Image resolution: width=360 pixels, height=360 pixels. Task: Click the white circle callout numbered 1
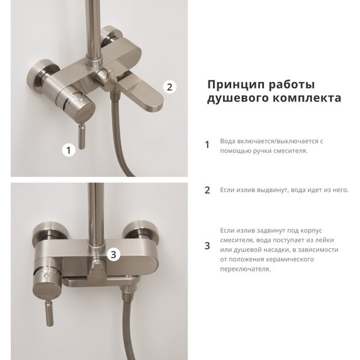pyautogui.click(x=69, y=150)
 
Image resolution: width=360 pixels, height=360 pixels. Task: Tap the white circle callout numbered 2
pyautogui.click(x=170, y=87)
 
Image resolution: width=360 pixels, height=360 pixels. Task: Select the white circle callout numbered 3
pyautogui.click(x=114, y=255)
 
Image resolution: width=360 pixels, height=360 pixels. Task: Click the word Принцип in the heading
pyautogui.click(x=236, y=85)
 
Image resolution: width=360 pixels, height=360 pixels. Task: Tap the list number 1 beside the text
pyautogui.click(x=207, y=145)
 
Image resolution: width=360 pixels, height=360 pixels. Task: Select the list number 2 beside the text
pyautogui.click(x=207, y=190)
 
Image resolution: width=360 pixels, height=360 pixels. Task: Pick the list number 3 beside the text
pyautogui.click(x=207, y=246)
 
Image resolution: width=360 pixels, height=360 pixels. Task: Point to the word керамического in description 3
pyautogui.click(x=290, y=260)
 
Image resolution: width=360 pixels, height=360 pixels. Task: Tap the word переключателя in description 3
pyautogui.click(x=245, y=269)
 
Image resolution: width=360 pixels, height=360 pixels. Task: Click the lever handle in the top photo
pyautogui.click(x=82, y=136)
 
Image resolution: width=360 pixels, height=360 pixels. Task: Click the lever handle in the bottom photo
pyautogui.click(x=50, y=313)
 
